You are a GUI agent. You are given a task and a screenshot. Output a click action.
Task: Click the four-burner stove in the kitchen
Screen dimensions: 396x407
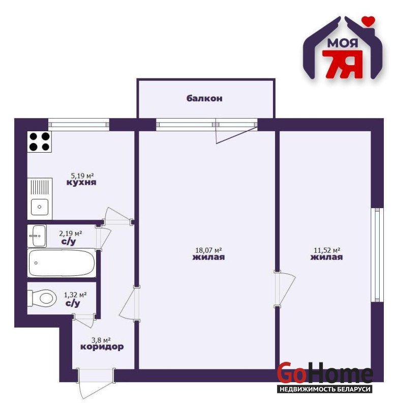(x=40, y=141)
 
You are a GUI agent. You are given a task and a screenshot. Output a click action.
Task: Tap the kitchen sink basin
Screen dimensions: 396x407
(x=40, y=207)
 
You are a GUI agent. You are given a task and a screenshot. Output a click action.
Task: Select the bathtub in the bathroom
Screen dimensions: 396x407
(x=62, y=263)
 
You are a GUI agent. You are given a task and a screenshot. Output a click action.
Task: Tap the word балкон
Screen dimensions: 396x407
(x=204, y=98)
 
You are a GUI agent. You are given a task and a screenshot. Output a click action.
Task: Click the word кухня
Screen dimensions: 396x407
(x=81, y=182)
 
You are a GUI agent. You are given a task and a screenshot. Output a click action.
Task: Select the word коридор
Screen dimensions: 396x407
(x=102, y=347)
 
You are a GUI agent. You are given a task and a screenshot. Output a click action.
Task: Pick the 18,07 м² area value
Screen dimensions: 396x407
(x=208, y=250)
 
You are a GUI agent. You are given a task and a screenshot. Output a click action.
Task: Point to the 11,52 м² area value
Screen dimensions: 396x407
(x=327, y=250)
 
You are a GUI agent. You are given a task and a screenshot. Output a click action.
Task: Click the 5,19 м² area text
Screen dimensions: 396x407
(x=82, y=176)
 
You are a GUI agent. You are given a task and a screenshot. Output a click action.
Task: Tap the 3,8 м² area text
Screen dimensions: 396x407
(x=101, y=340)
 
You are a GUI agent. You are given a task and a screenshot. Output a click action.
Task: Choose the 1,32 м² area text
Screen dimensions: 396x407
(x=75, y=295)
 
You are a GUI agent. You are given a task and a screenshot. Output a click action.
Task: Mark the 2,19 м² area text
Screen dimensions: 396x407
(x=71, y=234)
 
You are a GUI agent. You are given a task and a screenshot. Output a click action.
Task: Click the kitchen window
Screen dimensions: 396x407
(x=79, y=125)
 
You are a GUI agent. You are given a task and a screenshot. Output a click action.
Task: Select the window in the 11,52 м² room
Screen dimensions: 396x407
(x=377, y=255)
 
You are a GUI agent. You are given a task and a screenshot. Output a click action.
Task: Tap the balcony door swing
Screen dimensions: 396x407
(x=236, y=133)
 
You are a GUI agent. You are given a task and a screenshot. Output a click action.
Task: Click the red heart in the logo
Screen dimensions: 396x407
(x=369, y=21)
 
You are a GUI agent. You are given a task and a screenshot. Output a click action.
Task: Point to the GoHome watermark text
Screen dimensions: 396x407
(x=325, y=373)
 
